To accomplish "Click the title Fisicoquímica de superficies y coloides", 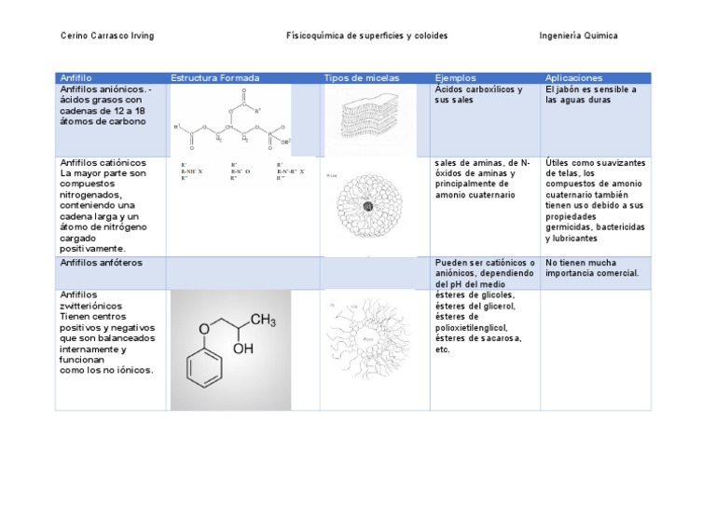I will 366,35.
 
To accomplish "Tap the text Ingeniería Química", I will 578,35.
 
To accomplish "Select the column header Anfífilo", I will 76,77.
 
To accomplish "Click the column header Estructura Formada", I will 215,77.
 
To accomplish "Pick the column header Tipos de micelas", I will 361,77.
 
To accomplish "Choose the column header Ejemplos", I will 456,77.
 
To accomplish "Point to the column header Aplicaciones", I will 573,77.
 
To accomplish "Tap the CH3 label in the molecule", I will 263,321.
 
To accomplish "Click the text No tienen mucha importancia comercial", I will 592,267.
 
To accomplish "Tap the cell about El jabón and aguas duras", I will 591,95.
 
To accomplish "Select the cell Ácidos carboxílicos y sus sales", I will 479,95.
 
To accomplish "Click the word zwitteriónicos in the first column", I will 90,306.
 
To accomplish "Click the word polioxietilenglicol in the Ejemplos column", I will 475,327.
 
